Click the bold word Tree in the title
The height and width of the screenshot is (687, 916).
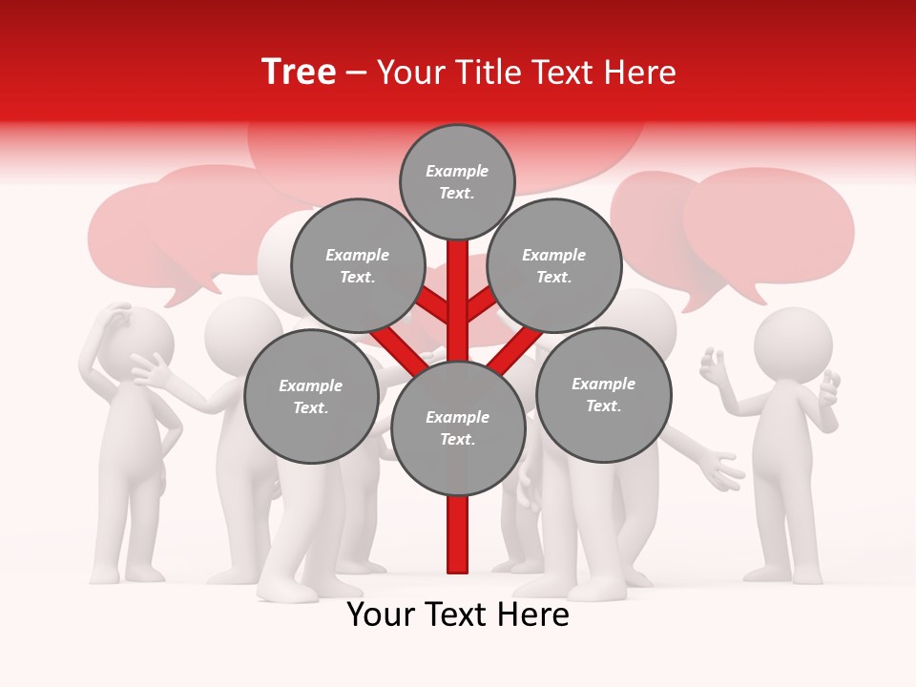click(299, 72)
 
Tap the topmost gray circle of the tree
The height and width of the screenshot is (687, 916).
click(457, 182)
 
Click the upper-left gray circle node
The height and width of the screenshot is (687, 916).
click(358, 266)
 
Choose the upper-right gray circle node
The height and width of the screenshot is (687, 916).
click(554, 266)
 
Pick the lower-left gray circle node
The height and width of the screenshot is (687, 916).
click(311, 397)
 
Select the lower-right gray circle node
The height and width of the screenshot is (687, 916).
click(603, 395)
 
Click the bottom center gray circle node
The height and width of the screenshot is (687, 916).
click(458, 428)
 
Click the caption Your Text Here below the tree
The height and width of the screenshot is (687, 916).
click(458, 614)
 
